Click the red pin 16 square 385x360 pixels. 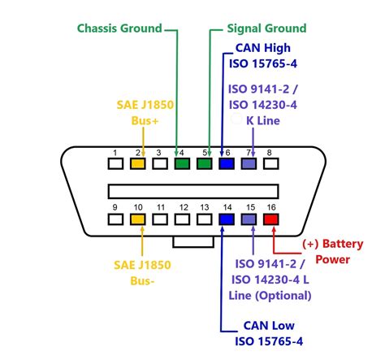270,219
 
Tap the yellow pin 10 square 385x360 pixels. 138,219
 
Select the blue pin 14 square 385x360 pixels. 227,219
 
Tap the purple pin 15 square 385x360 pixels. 249,219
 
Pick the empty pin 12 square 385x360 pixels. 182,219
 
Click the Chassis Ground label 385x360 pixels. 119,28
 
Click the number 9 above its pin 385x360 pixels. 116,206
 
